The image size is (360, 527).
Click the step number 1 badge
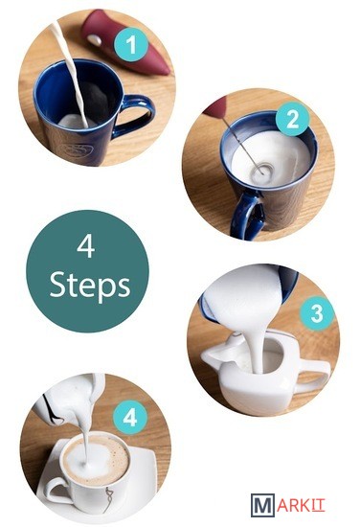131,45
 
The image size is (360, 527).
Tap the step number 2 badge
293,119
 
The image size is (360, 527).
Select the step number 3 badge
317,313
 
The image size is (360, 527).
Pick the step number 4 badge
130,419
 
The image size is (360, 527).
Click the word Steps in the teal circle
90,286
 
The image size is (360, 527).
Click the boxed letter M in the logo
262,505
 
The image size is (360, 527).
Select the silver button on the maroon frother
97,40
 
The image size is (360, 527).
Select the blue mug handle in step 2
246,215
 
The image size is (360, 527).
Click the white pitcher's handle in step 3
314,377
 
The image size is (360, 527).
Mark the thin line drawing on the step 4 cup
109,498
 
